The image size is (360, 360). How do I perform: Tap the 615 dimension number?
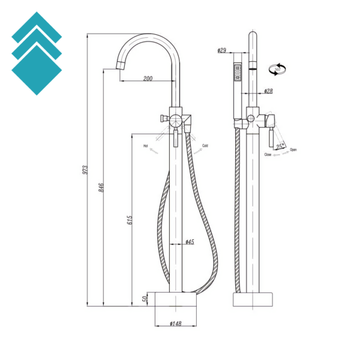pos(128,220)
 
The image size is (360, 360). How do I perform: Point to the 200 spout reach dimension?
pos(148,79)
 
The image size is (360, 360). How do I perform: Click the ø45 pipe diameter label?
pos(189,242)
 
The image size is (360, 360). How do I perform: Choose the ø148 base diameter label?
pos(175,324)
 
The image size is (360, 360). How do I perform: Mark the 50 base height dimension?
pos(145,298)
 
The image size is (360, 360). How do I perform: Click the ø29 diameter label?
pos(222,51)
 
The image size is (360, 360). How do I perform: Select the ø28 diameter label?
pos(268,91)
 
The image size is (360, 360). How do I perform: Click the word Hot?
pos(145,145)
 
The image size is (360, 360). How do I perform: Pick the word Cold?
pos(205,145)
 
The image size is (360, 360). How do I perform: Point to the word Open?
pos(293,149)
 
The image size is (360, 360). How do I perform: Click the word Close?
pos(268,155)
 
